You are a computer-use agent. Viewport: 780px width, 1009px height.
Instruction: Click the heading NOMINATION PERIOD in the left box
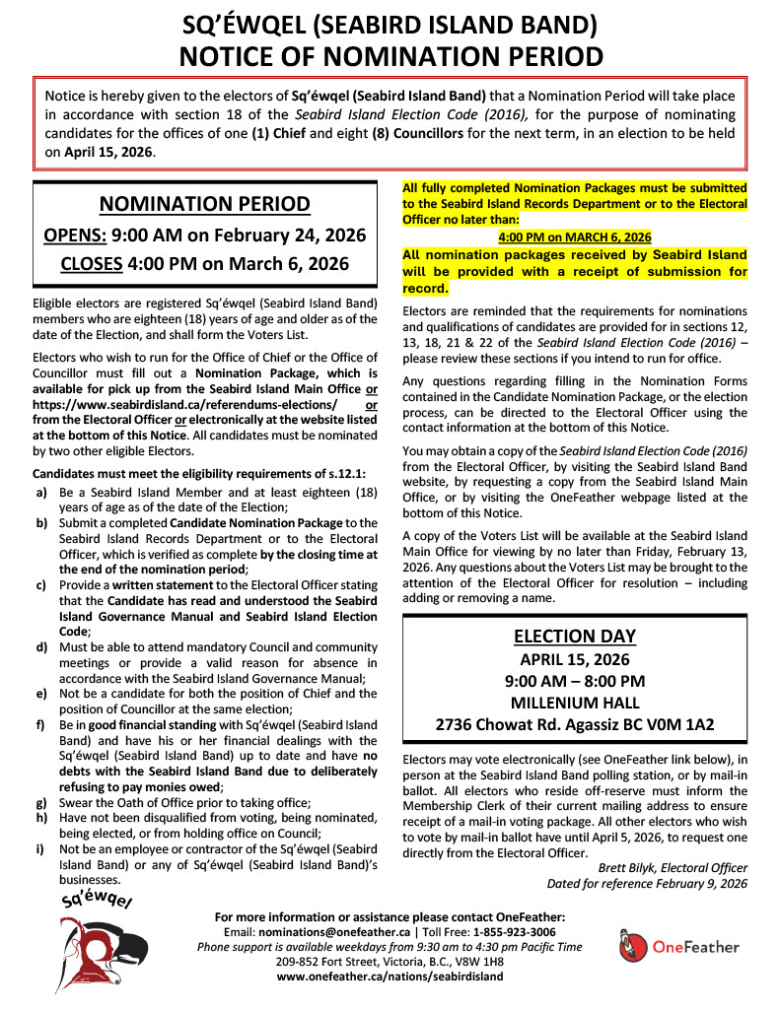tap(206, 204)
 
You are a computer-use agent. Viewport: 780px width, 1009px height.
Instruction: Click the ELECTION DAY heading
tap(575, 636)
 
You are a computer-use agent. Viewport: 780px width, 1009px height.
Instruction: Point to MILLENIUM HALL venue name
tap(575, 703)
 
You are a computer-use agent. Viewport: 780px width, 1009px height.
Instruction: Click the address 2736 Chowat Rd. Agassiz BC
tap(575, 724)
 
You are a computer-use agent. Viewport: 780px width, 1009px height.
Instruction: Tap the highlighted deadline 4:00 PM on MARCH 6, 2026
tap(575, 237)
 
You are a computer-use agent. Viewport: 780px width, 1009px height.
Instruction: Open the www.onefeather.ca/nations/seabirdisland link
tap(390, 976)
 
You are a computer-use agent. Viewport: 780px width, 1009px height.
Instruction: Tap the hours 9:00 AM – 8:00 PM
tap(575, 681)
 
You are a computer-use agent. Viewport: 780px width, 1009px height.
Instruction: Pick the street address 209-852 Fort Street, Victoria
tap(390, 961)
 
